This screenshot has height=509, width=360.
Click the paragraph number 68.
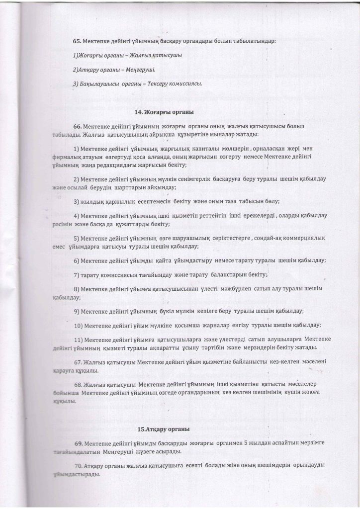(x=78, y=384)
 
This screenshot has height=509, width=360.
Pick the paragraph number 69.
(x=79, y=442)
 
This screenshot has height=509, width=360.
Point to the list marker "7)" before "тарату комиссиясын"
(x=77, y=275)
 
